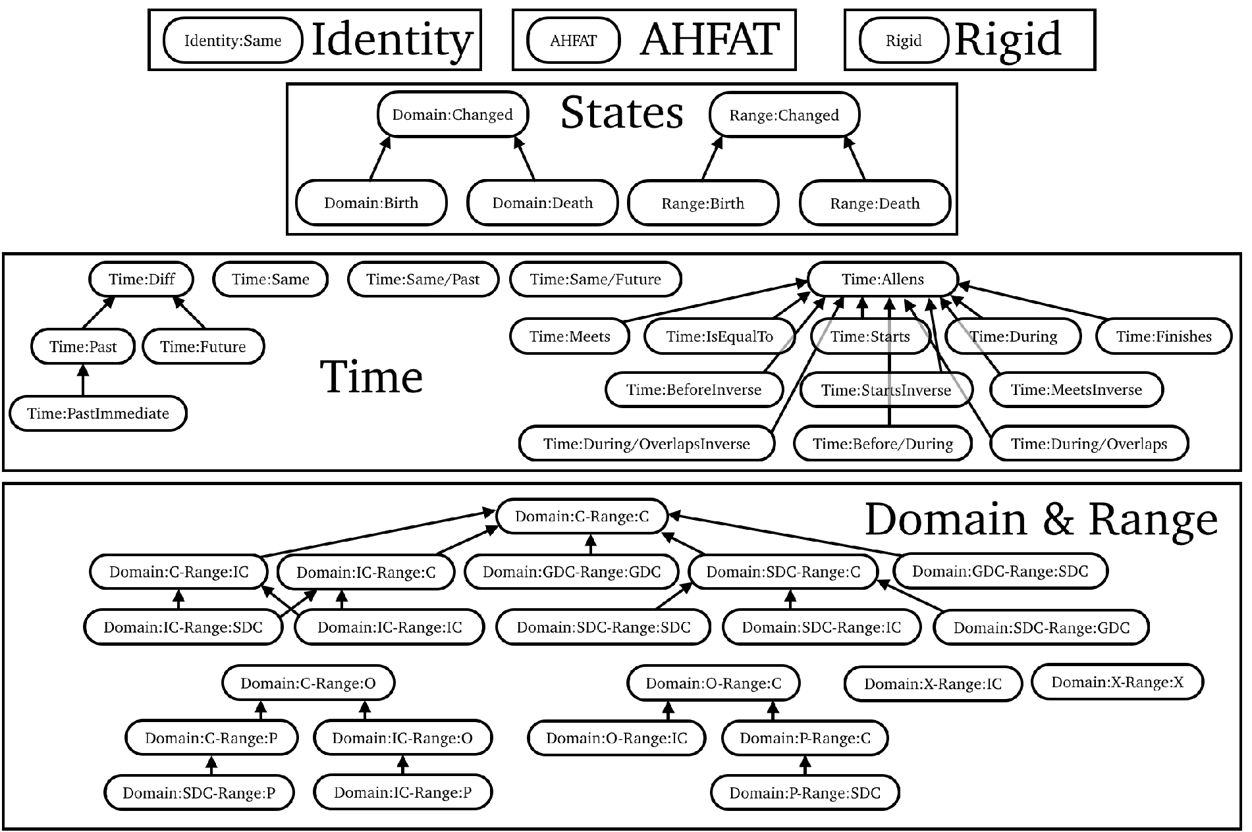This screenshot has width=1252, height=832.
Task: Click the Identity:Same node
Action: [x=232, y=41]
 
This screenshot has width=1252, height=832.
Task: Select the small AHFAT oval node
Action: [x=574, y=41]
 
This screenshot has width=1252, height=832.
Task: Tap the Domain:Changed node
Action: [x=453, y=115]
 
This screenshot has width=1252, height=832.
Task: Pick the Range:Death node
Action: [x=875, y=203]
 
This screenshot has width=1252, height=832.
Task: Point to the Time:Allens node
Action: [x=883, y=279]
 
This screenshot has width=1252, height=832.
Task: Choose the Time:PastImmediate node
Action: [x=98, y=413]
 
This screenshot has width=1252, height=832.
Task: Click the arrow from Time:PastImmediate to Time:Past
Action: [x=82, y=380]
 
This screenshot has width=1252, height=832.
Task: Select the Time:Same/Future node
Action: [x=595, y=279]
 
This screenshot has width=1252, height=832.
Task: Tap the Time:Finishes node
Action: [x=1164, y=336]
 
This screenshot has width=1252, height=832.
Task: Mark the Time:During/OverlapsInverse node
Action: [x=647, y=444]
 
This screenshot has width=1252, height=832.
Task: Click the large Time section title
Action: [x=371, y=377]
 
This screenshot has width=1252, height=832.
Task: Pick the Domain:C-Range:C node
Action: [x=582, y=517]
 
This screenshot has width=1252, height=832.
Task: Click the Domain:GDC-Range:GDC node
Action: [x=571, y=572]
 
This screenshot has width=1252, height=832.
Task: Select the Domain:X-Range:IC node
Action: [x=933, y=684]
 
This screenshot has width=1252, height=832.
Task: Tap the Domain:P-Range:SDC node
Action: [x=805, y=793]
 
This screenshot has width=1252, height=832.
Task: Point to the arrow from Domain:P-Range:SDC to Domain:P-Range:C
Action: [x=804, y=766]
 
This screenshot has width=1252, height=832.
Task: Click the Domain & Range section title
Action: [x=1041, y=520]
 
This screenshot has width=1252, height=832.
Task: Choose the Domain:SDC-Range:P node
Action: [x=199, y=793]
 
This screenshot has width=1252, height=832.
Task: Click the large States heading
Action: [x=622, y=113]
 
